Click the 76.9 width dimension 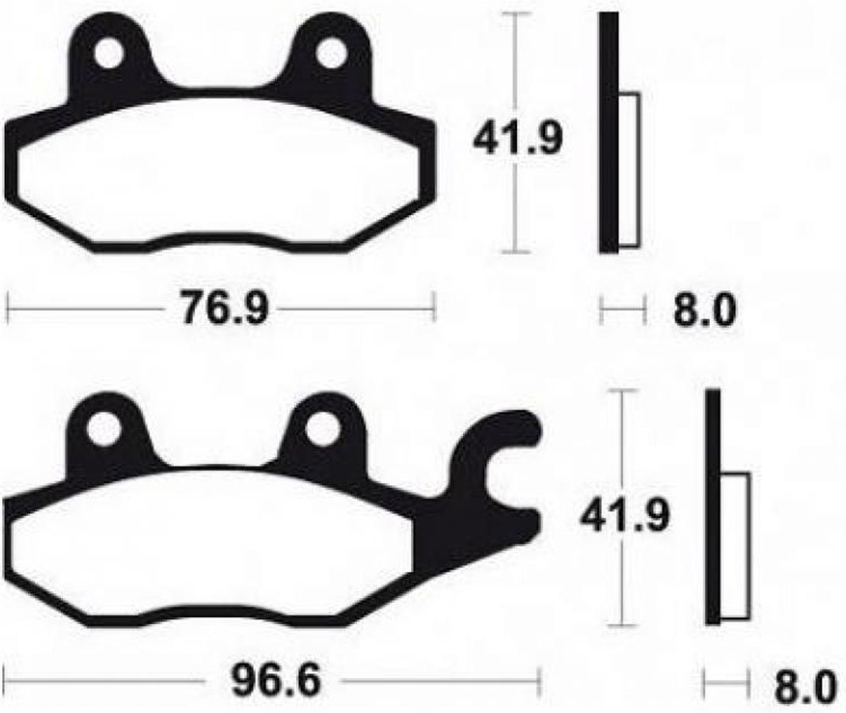point(223,307)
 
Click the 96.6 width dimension point(276,679)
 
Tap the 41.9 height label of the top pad point(517,138)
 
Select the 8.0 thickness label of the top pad point(704,310)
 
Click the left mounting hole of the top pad point(109,54)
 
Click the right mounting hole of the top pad point(331,53)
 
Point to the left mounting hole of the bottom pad point(104,430)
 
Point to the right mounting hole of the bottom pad point(322,430)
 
